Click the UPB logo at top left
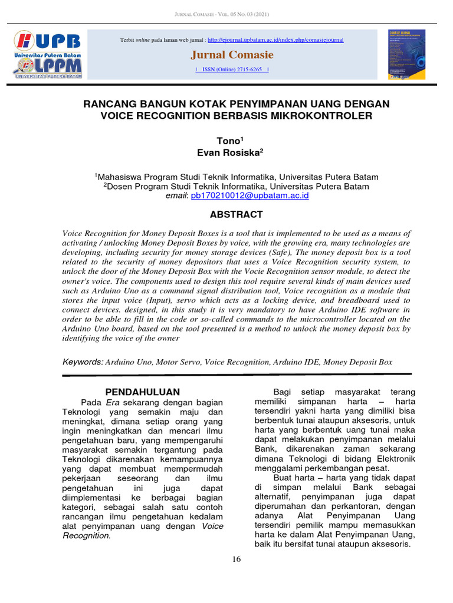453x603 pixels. click(x=48, y=54)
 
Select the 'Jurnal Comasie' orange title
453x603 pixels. click(x=232, y=55)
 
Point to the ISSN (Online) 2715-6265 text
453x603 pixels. click(x=232, y=69)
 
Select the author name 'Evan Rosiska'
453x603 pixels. click(x=229, y=153)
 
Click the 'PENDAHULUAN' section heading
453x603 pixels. click(x=142, y=392)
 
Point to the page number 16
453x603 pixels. click(x=237, y=559)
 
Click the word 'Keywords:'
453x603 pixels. click(x=82, y=362)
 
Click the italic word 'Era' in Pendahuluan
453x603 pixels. click(x=113, y=402)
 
